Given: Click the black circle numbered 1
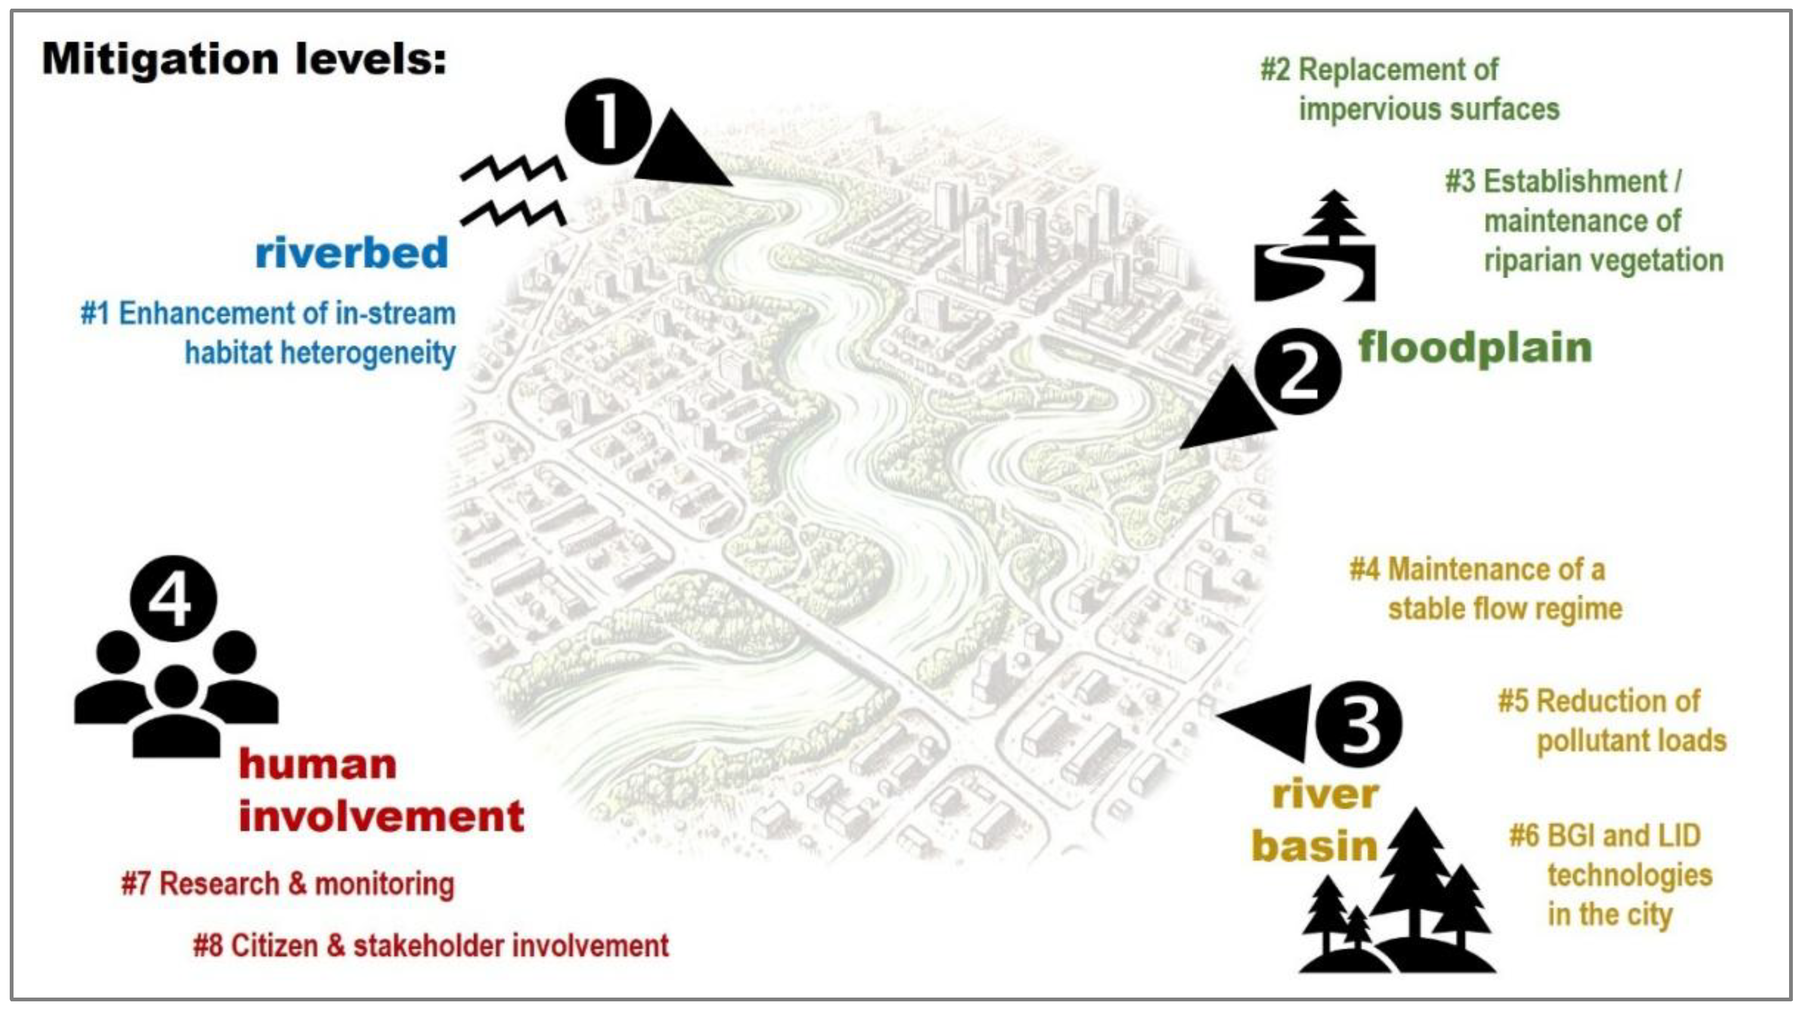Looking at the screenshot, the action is tap(607, 122).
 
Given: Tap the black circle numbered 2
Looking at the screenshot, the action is tap(1298, 370).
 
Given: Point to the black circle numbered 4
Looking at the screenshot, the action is tap(174, 599).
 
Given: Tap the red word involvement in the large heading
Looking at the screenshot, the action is tap(381, 816).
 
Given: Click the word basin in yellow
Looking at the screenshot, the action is tap(1315, 846).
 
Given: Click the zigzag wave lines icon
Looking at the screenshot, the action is tap(514, 191).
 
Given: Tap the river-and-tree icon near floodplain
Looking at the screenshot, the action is tap(1315, 249).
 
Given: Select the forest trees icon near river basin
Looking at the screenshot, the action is tap(1397, 899).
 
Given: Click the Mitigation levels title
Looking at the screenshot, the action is tap(244, 59).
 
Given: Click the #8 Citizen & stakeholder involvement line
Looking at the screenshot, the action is tap(431, 946).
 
